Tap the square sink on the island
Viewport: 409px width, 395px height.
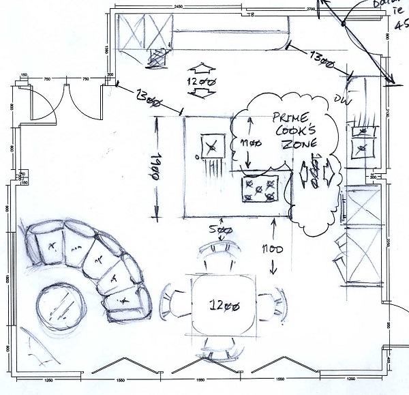tap(212, 146)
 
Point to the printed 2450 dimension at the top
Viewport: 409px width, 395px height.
tap(178, 6)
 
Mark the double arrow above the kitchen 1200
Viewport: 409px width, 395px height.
tap(200, 69)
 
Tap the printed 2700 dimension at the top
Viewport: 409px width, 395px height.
tap(312, 9)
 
